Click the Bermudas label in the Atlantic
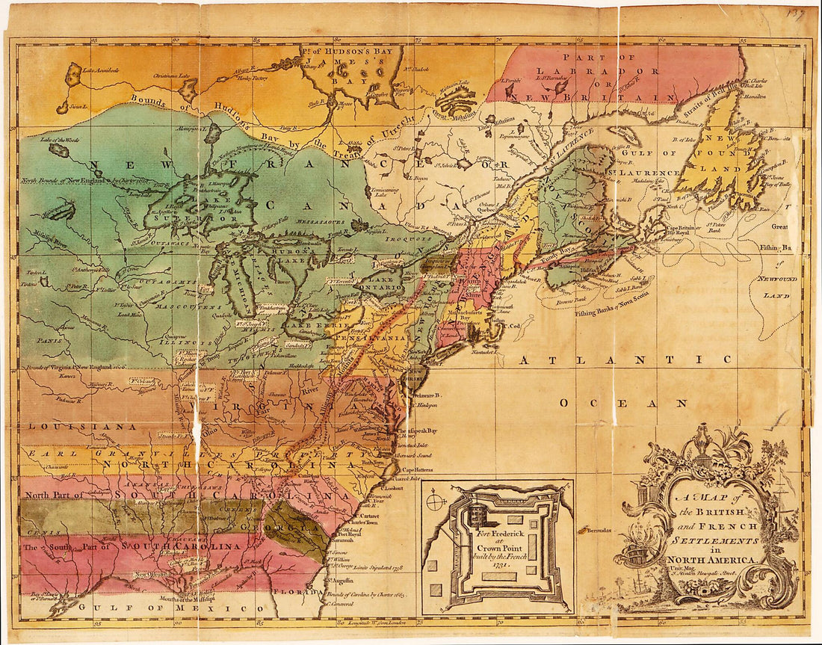(595, 530)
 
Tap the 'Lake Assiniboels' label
(101, 70)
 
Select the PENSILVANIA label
(371, 338)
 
